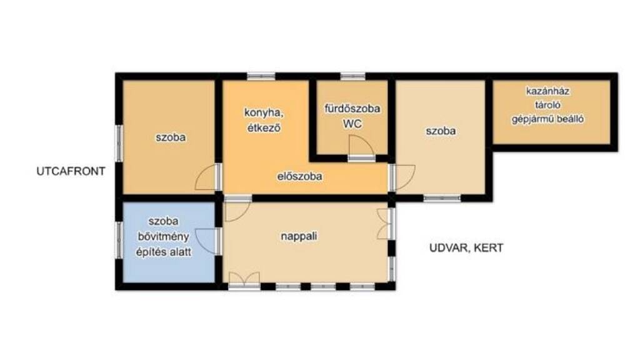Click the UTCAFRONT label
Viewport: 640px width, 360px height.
[x=71, y=171]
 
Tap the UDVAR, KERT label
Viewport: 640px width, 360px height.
[x=466, y=247]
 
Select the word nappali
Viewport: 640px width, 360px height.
[x=299, y=236]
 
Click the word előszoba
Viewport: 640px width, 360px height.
[x=299, y=176]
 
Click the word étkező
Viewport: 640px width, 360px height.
[x=264, y=127]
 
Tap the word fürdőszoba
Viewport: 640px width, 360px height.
[x=352, y=109]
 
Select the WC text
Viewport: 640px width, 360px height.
[x=352, y=124]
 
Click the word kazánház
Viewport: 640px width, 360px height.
[x=547, y=91]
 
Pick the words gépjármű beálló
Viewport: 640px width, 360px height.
[x=547, y=119]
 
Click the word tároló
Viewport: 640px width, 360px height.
[x=547, y=105]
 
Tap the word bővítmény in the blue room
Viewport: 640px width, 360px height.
[x=163, y=237]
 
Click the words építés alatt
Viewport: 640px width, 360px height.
[x=163, y=252]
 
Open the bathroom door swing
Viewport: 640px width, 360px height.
[x=361, y=146]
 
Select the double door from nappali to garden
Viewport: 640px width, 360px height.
[x=384, y=224]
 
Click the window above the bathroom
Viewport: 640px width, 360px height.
[x=353, y=76]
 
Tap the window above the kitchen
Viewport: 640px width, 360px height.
[x=261, y=76]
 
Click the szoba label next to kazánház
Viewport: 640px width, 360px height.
[x=441, y=131]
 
